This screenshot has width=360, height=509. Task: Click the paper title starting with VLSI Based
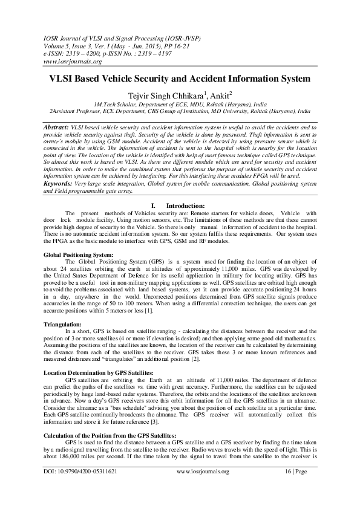180,79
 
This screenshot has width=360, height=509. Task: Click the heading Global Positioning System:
79,256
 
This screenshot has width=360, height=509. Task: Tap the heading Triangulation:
62,325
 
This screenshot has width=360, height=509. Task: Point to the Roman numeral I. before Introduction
154,207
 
